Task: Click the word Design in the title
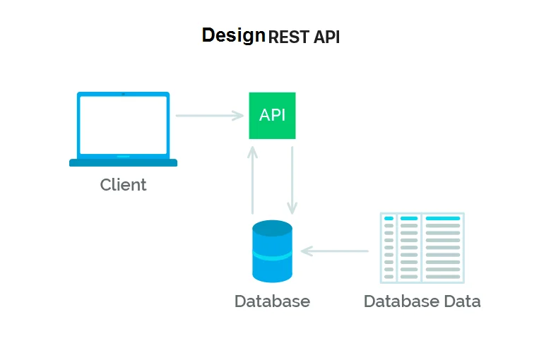pos(233,36)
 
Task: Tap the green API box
pos(273,116)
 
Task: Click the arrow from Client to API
pos(209,116)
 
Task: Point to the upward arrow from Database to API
pos(252,180)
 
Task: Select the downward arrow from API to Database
pos(292,180)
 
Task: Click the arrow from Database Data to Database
pos(335,251)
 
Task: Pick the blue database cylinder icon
pos(273,251)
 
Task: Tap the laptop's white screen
pos(124,125)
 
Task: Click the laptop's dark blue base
pos(124,162)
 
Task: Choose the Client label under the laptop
pos(123,185)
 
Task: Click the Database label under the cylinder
pos(273,301)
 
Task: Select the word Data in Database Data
pos(462,301)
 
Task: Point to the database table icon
pos(422,248)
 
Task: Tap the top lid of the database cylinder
pos(273,228)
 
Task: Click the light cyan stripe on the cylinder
pos(273,256)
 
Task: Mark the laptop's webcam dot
pos(123,94)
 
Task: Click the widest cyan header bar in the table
pos(443,218)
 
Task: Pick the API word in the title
pos(327,37)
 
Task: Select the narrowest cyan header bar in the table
pos(389,218)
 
